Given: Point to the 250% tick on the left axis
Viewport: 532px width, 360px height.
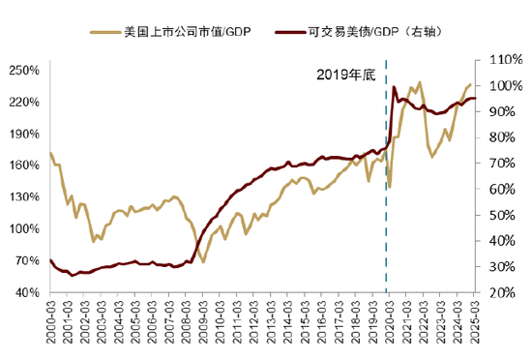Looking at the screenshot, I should [x=25, y=71].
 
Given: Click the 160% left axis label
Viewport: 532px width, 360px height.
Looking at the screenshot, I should [x=25, y=165].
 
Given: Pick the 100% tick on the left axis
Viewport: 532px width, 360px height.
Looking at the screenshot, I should [x=25, y=228].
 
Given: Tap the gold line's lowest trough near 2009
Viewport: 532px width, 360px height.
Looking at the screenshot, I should [x=204, y=261].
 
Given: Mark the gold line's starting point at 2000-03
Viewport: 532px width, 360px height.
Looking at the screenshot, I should [x=50, y=153].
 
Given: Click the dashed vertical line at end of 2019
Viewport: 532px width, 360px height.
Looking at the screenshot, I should [x=386, y=194].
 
